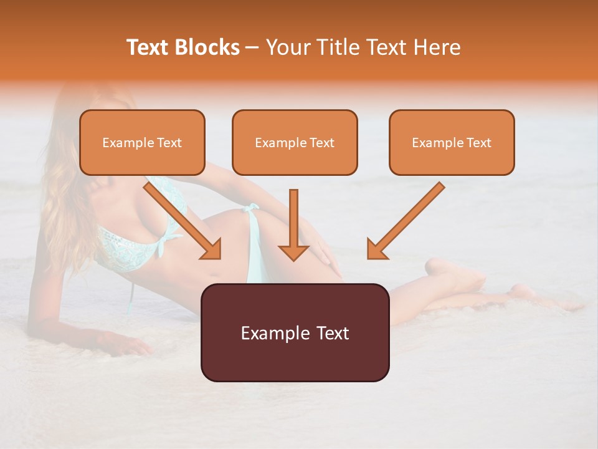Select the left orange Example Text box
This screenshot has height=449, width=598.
pyautogui.click(x=142, y=142)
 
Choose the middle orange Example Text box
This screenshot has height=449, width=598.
pyautogui.click(x=295, y=142)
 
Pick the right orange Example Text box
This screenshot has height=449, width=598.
pyautogui.click(x=452, y=142)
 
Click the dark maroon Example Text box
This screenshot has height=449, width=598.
pyautogui.click(x=295, y=332)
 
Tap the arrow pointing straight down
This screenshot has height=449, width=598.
pyautogui.click(x=293, y=224)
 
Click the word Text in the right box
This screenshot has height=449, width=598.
pyautogui.click(x=478, y=143)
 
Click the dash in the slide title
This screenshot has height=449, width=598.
pyautogui.click(x=253, y=47)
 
